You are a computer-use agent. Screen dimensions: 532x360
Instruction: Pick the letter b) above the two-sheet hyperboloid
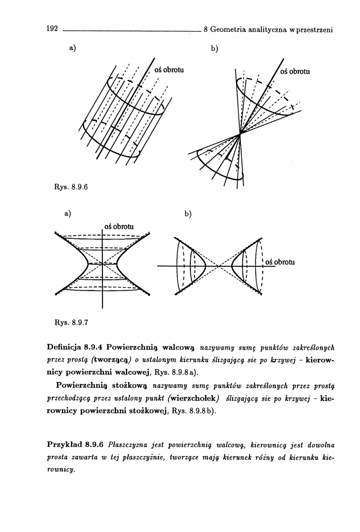coord(188,214)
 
